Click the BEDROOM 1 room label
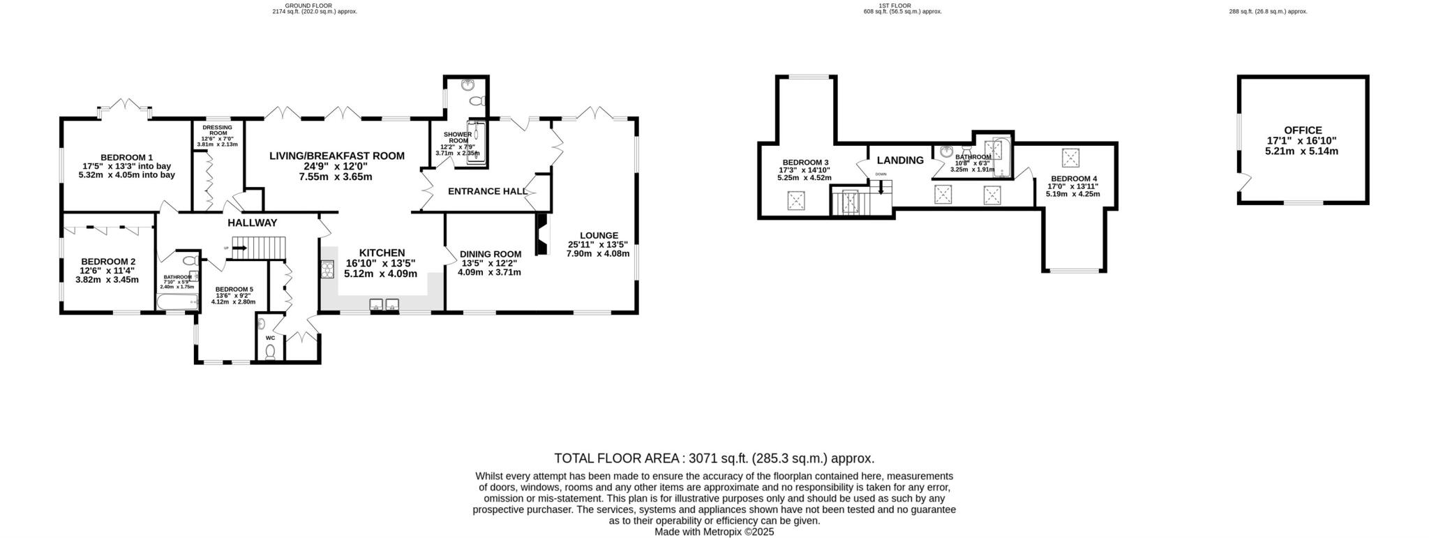(x=126, y=158)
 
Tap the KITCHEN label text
(x=382, y=253)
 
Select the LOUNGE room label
(x=598, y=236)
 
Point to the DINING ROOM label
(x=490, y=254)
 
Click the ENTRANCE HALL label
(x=487, y=191)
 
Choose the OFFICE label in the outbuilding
(x=1303, y=130)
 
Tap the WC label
(x=270, y=338)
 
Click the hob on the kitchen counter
(x=327, y=269)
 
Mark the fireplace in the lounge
(x=541, y=234)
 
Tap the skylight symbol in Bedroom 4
(x=1070, y=158)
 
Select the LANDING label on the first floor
(x=900, y=160)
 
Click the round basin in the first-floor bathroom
(x=946, y=151)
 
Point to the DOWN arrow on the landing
(x=881, y=186)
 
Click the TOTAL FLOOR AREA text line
(x=714, y=458)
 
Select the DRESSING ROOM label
(x=217, y=130)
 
